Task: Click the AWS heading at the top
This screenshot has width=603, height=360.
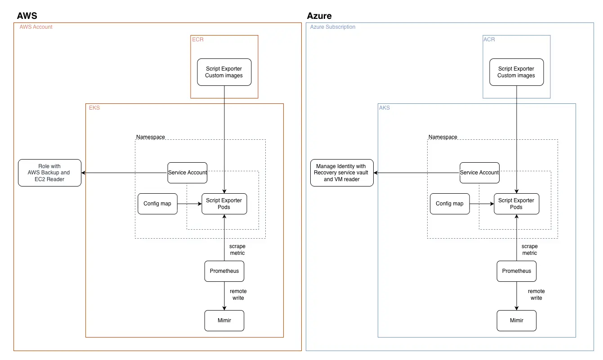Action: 27,16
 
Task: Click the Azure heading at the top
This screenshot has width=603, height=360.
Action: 319,16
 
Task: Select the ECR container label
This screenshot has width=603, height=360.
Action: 198,40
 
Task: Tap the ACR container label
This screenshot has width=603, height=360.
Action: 489,40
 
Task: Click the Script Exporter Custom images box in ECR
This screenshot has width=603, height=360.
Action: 224,72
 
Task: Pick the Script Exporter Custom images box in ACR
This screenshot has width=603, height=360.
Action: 516,72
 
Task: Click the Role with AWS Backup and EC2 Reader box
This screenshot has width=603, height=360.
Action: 49,173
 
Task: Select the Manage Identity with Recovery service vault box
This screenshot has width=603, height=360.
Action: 342,173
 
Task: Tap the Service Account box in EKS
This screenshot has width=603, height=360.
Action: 188,173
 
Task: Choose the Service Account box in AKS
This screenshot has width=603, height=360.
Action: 479,173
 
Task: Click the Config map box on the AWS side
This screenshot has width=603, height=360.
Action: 157,204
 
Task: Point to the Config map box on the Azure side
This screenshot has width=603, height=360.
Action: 450,204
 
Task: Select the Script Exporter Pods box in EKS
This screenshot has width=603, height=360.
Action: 224,204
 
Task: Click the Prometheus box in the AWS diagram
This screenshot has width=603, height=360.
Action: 224,271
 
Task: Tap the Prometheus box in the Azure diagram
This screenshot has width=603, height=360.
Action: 517,271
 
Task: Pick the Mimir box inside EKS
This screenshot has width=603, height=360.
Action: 224,320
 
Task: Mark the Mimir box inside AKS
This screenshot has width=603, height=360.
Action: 517,320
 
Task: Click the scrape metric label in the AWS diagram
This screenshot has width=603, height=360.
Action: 237,249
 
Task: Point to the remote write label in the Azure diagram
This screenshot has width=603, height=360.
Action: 536,294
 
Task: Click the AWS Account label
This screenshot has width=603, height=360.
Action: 36,27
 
